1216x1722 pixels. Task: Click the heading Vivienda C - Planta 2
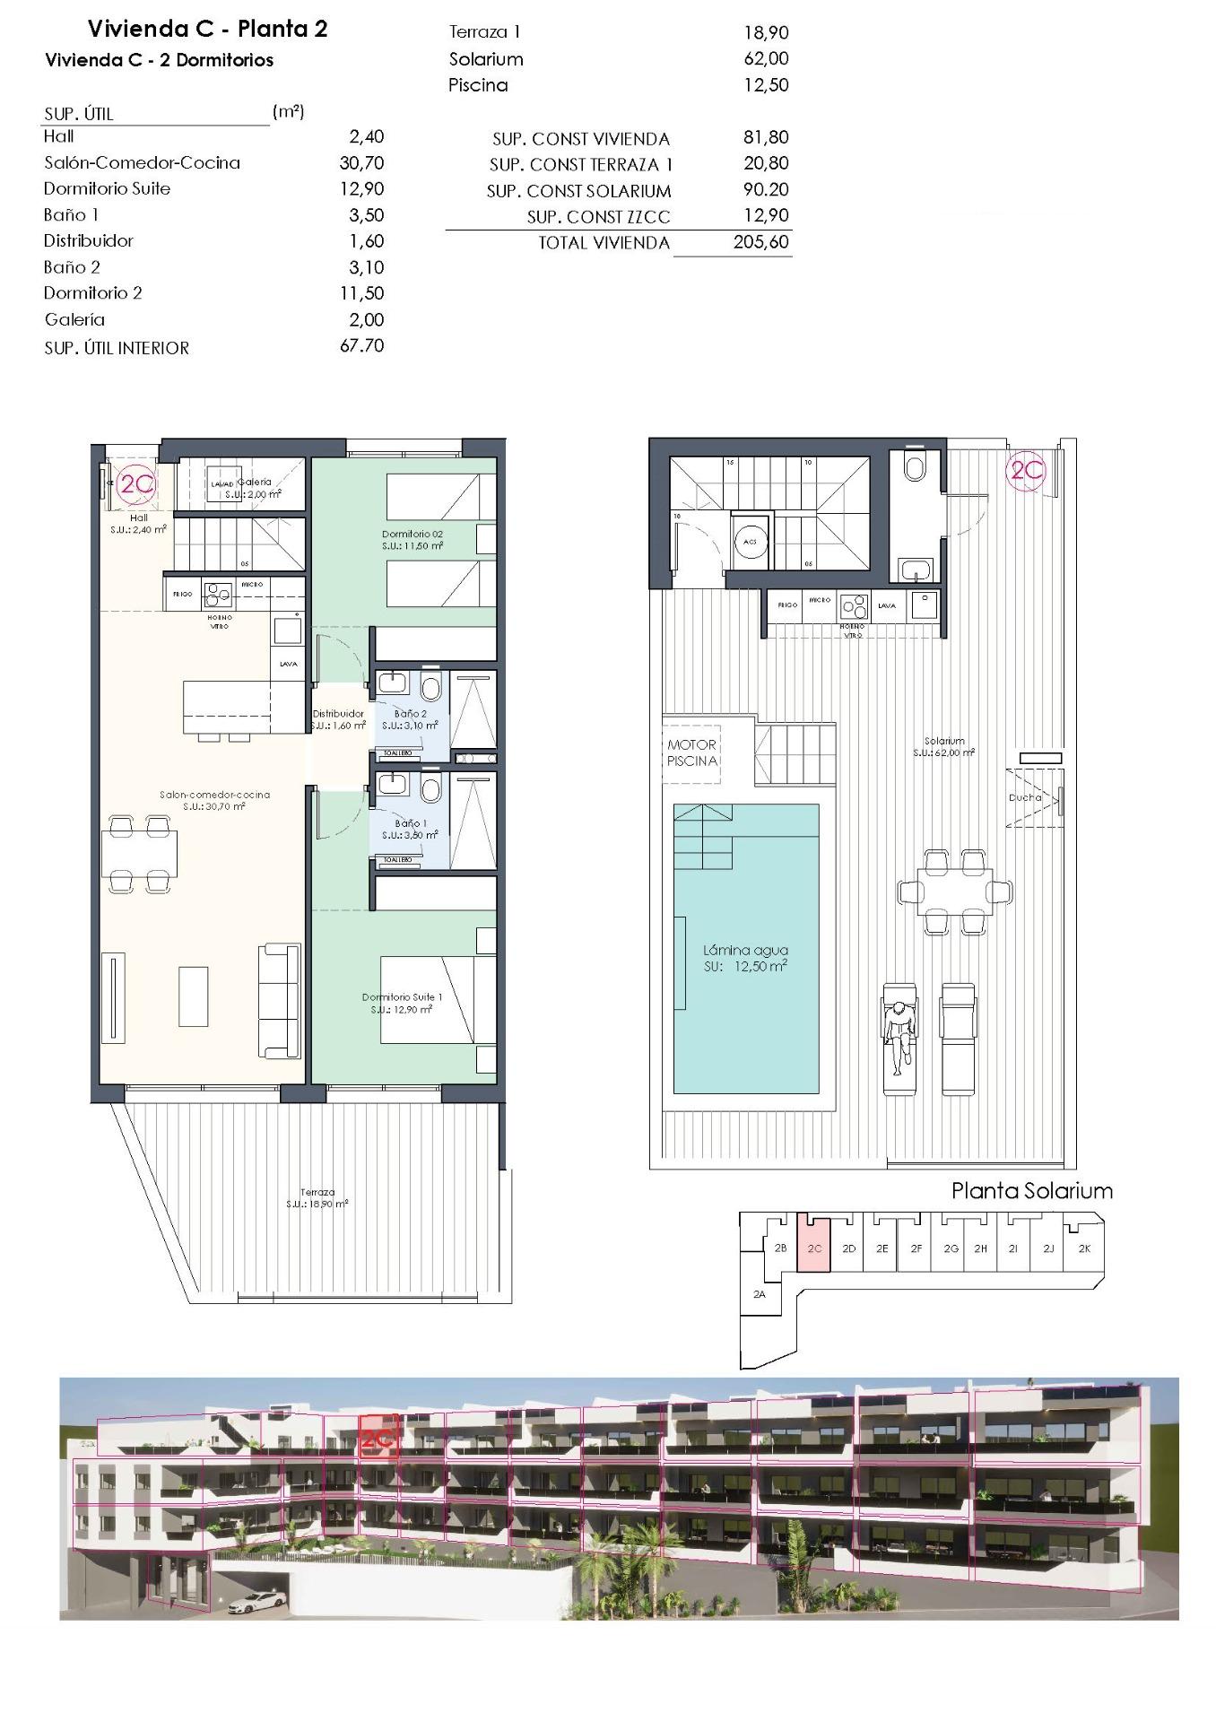coord(207,29)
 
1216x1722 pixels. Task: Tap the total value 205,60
coord(760,242)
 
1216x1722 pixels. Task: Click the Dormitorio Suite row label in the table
coord(107,188)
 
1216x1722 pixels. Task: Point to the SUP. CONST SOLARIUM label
coord(578,191)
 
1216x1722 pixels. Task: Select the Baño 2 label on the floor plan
coord(410,714)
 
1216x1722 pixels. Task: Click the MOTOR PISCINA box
coord(692,752)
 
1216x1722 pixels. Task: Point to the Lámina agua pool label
coord(745,951)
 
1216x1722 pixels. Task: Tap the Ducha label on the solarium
coord(1024,796)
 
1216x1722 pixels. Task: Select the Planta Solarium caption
coord(1031,1191)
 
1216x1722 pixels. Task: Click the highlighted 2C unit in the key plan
coord(814,1248)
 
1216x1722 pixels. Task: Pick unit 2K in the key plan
coord(1083,1248)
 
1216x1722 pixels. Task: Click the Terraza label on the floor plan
coord(317,1193)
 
